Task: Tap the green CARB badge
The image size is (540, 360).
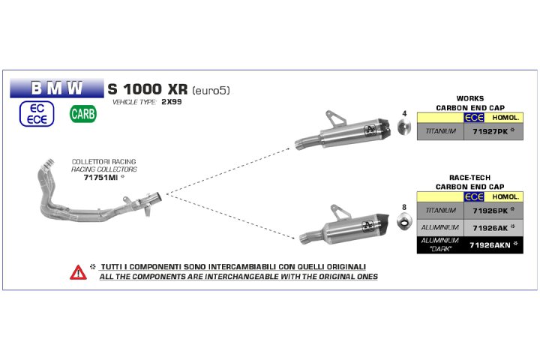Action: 82,114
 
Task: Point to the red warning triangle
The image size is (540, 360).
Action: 78,271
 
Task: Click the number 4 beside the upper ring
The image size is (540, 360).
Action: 403,114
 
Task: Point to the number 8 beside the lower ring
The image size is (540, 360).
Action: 403,207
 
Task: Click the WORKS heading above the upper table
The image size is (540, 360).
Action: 470,98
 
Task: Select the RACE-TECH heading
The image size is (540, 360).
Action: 470,178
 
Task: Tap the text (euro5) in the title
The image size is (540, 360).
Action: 211,90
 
